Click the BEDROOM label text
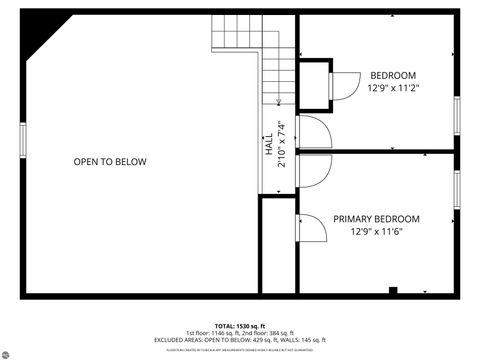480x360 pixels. pos(393,75)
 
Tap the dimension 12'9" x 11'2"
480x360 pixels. pos(393,88)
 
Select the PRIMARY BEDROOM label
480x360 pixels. pos(376,219)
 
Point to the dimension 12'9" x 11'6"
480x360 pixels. pos(376,232)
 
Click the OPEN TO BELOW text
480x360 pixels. pos(109,162)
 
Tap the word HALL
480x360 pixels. pos(268,143)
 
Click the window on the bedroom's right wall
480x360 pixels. pos(456,115)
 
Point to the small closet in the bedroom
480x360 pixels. pos(315,81)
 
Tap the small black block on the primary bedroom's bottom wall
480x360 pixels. pos(393,290)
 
